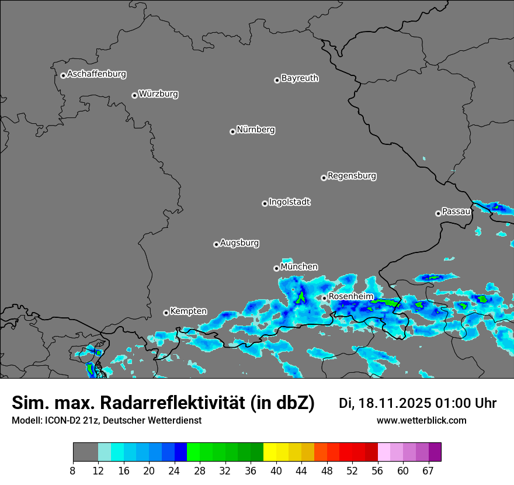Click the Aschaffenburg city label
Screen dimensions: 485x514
[x=96, y=74]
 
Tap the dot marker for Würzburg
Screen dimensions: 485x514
[x=134, y=95]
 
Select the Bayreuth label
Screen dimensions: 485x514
[x=300, y=78]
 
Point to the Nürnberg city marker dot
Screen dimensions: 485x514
[x=232, y=131]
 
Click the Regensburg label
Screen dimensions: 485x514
[x=352, y=175]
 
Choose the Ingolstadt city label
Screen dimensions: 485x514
[x=289, y=202]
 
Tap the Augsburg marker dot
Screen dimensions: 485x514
[x=216, y=244]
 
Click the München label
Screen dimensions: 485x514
[x=299, y=266]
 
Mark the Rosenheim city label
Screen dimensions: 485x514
[x=350, y=296]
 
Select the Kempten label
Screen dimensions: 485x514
[x=188, y=311]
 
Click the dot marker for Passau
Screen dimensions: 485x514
[x=438, y=213]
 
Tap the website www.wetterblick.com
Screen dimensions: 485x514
[x=421, y=420]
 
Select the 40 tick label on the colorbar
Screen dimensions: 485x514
[x=276, y=471]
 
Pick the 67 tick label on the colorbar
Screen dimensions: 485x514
[x=428, y=471]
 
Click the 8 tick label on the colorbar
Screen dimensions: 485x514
[x=73, y=471]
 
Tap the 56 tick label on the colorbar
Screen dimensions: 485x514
[x=377, y=471]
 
